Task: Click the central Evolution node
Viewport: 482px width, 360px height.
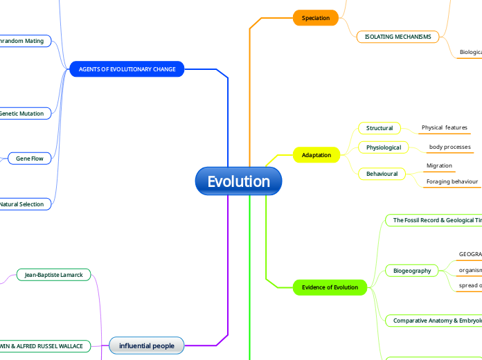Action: pos(239,181)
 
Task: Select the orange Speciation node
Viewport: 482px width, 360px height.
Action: pos(316,18)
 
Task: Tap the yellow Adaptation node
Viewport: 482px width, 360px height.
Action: pos(316,155)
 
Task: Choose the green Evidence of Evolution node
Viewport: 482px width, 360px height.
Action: pos(330,287)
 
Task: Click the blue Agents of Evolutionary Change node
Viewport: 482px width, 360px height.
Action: pos(127,69)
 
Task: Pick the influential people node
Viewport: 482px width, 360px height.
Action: pos(146,345)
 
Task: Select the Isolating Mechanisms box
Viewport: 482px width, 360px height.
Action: pos(398,37)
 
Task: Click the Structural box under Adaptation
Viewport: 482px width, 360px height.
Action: pos(380,128)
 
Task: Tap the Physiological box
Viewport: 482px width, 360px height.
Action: pos(384,147)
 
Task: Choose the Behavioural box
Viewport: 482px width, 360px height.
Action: pos(382,174)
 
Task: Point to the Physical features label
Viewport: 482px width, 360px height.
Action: pos(445,128)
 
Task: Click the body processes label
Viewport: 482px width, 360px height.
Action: pos(449,147)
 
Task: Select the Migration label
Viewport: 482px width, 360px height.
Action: pos(439,166)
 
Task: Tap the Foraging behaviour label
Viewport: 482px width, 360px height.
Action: pos(452,181)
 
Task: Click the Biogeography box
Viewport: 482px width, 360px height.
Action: pos(412,271)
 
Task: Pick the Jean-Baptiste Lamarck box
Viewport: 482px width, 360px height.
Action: pos(53,275)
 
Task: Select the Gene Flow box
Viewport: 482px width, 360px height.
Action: pos(30,159)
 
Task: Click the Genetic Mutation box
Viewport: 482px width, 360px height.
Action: pos(22,114)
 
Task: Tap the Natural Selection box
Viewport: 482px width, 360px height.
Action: pos(22,204)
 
